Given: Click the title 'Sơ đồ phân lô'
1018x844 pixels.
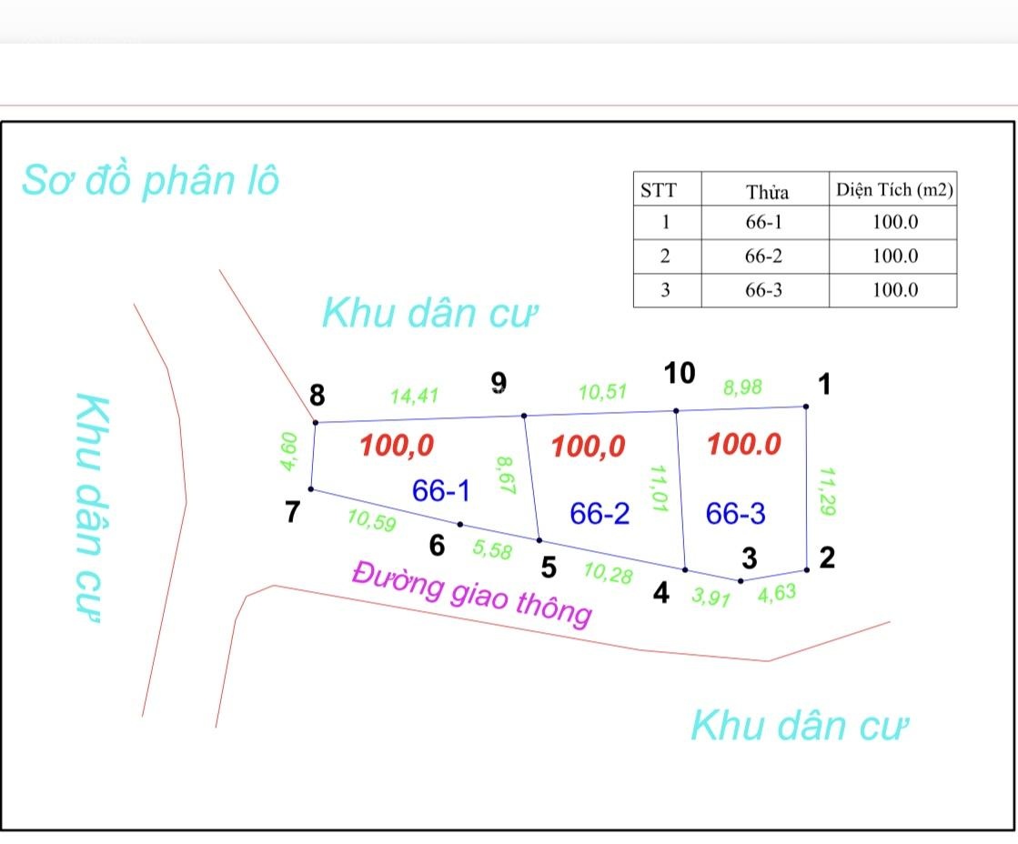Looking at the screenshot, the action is pyautogui.click(x=151, y=180).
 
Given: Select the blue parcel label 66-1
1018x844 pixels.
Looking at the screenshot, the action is pyautogui.click(x=441, y=490).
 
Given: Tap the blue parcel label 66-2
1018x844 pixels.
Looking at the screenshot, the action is pyautogui.click(x=600, y=514).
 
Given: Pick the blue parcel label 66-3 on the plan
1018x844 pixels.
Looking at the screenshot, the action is pyautogui.click(x=736, y=514).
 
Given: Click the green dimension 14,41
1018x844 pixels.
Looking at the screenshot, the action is pyautogui.click(x=414, y=396).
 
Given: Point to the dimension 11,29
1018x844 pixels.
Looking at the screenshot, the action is pyautogui.click(x=826, y=491).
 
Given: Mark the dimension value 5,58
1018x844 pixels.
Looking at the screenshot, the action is pyautogui.click(x=492, y=549).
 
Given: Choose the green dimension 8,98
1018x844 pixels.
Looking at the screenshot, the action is pyautogui.click(x=742, y=387).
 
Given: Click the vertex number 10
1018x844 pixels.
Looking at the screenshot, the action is pyautogui.click(x=680, y=373).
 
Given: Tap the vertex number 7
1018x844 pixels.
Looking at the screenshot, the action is pyautogui.click(x=293, y=512).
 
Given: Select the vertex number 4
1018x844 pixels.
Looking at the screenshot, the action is pyautogui.click(x=660, y=593).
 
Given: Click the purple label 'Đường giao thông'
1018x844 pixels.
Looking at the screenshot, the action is pyautogui.click(x=472, y=594).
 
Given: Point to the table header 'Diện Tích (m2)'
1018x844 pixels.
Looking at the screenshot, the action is pyautogui.click(x=894, y=189).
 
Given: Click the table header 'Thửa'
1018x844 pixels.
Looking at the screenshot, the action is pyautogui.click(x=767, y=192).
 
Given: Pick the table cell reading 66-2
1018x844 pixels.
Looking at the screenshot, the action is pyautogui.click(x=763, y=256).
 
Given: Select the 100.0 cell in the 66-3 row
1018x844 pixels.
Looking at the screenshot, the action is pyautogui.click(x=894, y=289).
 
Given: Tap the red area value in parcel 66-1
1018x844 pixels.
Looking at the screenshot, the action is pyautogui.click(x=397, y=446).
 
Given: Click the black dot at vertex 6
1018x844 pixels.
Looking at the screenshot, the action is pyautogui.click(x=460, y=525).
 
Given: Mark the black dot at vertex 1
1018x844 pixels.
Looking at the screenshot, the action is pyautogui.click(x=806, y=407).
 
